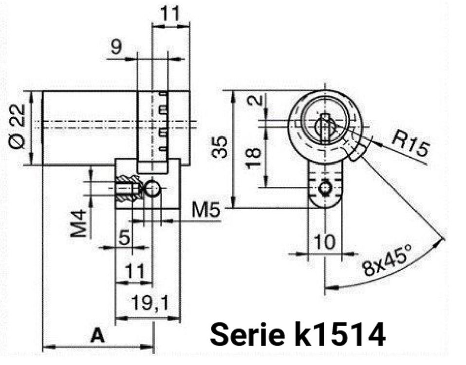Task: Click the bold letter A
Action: (98, 335)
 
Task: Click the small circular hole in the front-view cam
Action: (325, 188)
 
